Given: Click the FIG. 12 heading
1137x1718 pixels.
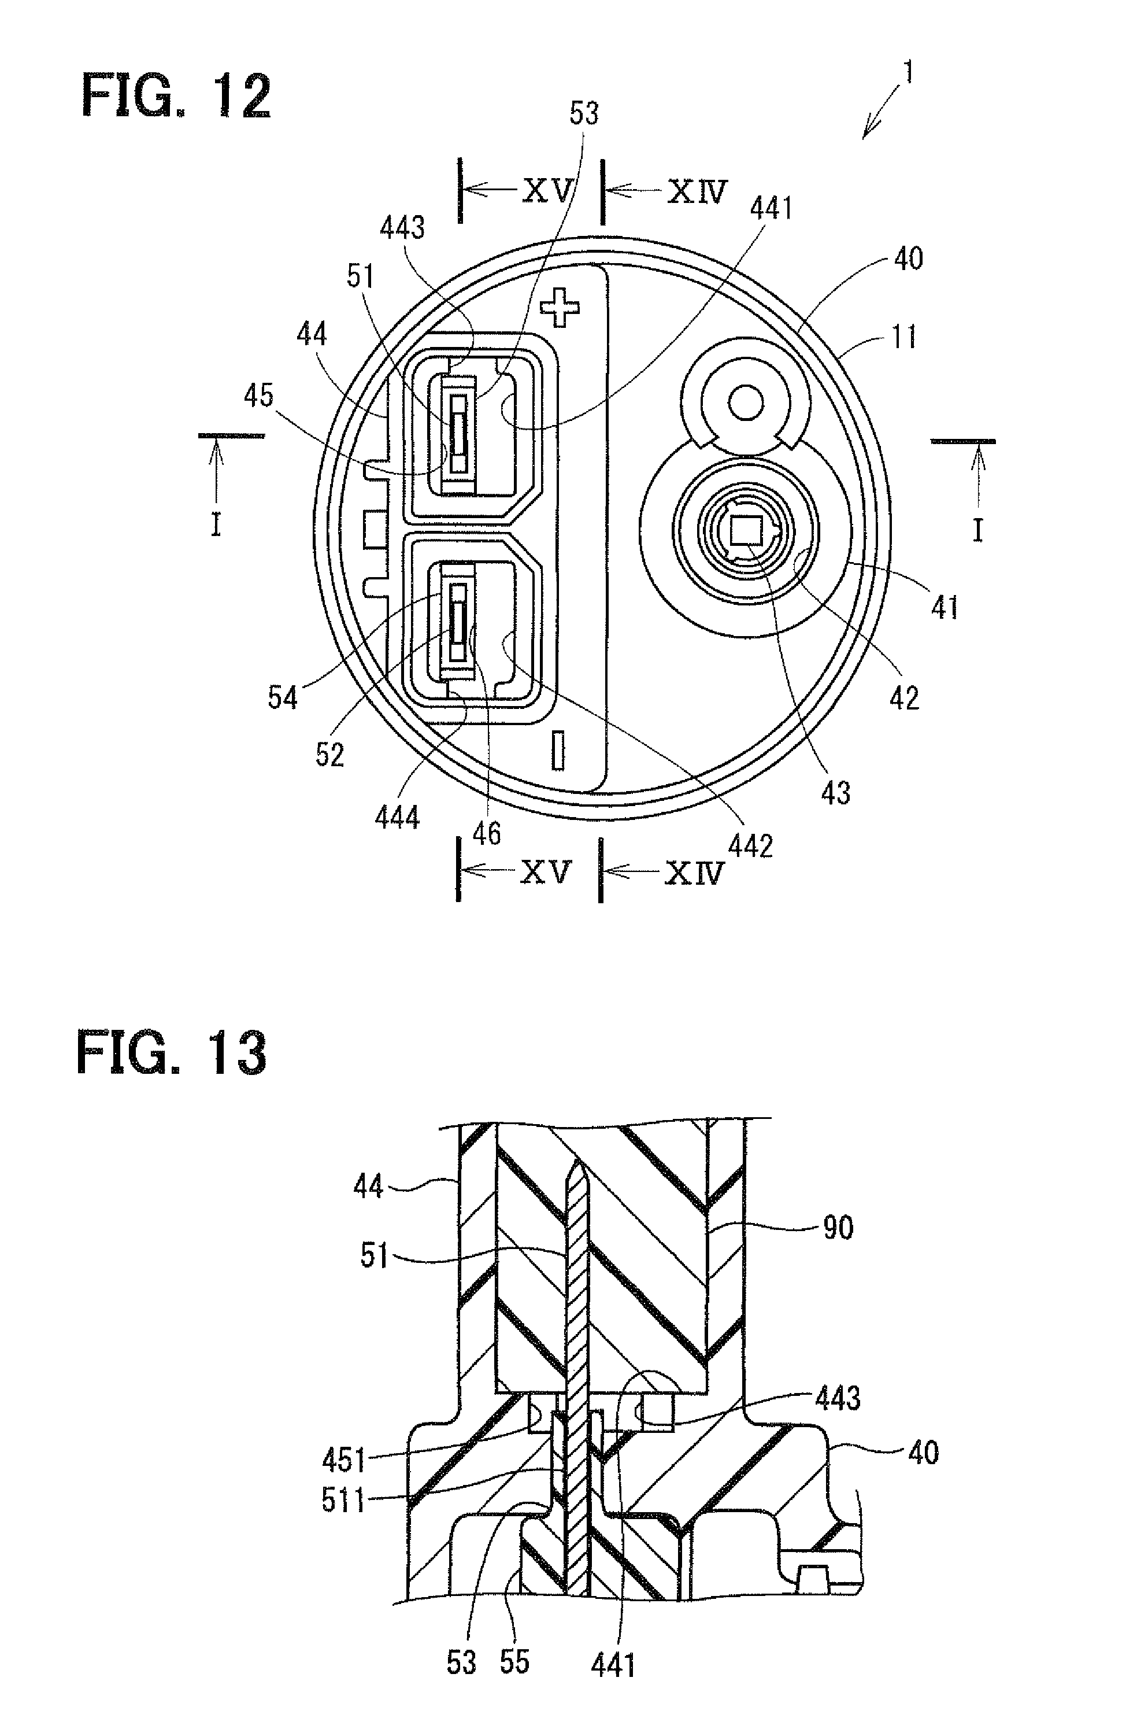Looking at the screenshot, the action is point(176,97).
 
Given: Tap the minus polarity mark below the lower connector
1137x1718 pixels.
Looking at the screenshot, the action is point(558,750).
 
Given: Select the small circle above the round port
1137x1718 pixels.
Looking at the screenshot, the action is point(745,402).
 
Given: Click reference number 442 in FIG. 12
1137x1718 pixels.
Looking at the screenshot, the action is point(750,845).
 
